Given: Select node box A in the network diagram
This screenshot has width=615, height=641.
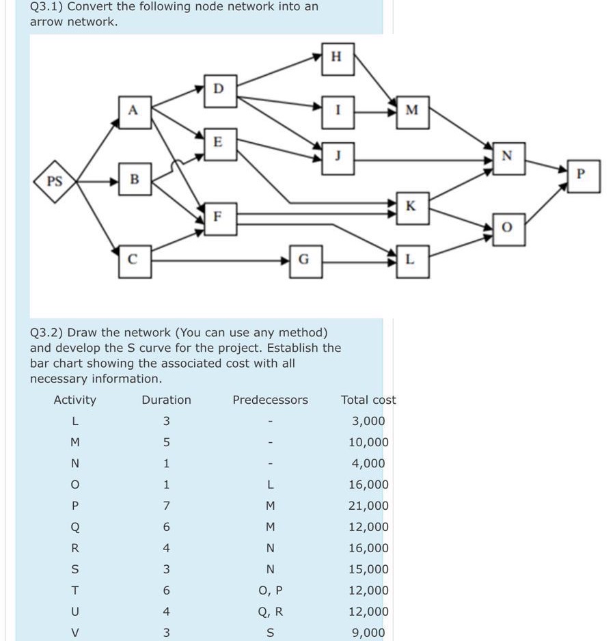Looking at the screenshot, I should [x=134, y=109].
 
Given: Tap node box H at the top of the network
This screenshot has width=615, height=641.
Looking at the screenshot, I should [x=336, y=57].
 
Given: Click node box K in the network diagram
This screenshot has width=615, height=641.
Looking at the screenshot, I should [x=410, y=206].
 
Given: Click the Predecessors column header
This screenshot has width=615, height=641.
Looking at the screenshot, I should [x=270, y=400].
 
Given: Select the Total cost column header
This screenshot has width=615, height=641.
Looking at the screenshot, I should [x=368, y=400].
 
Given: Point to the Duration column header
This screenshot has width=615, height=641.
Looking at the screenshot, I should [x=166, y=400].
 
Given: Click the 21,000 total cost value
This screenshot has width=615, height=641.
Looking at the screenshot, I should [x=368, y=506].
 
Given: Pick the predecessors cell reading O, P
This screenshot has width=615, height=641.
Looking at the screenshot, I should [x=270, y=590].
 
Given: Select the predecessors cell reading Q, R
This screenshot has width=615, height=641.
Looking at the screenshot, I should [x=270, y=612].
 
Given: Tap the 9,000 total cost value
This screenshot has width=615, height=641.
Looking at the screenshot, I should [x=368, y=633].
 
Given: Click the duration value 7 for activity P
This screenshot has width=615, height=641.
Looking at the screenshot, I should [x=166, y=506].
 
